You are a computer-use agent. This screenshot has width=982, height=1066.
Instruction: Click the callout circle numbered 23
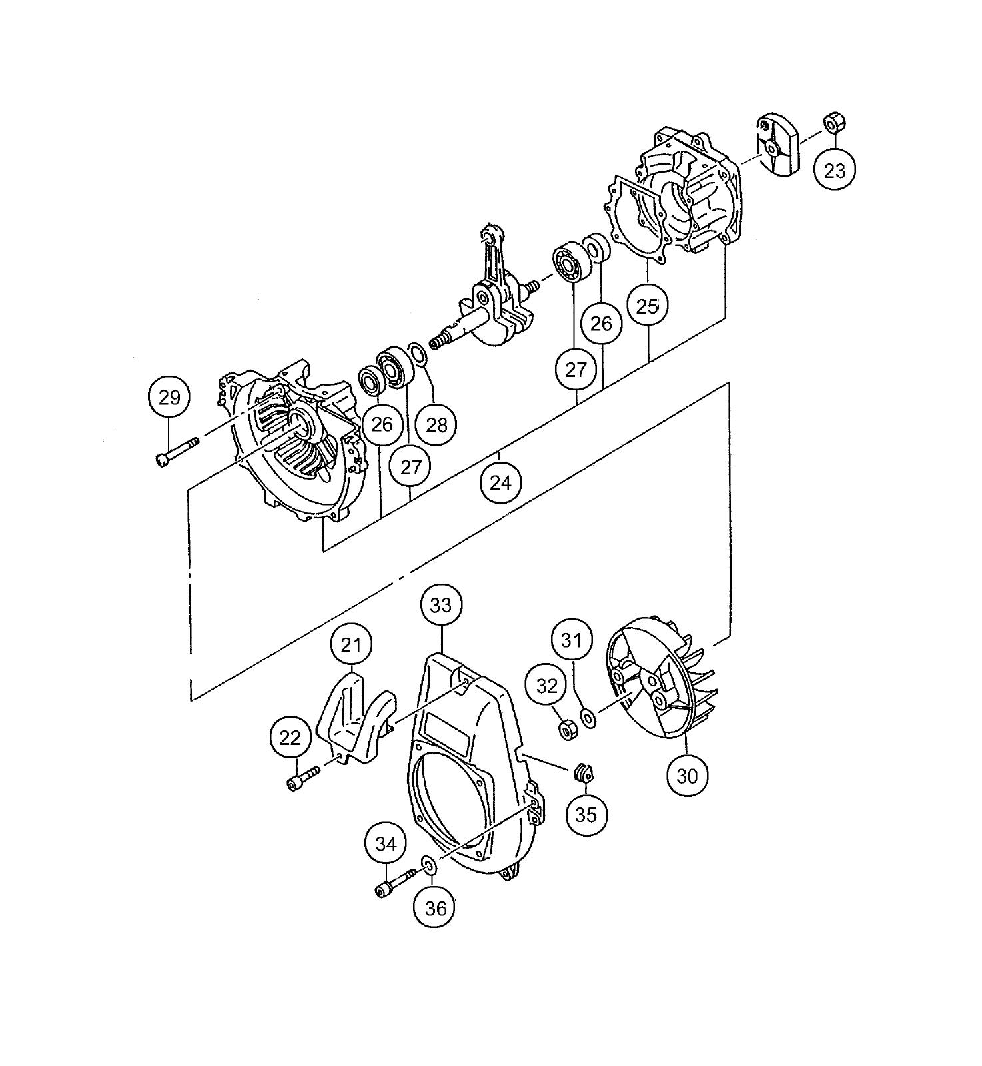[835, 171]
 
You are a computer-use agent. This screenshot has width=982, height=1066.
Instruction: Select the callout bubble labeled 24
[500, 482]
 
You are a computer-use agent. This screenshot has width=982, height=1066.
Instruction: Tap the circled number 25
[648, 307]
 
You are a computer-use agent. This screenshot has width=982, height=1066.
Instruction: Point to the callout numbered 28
[436, 424]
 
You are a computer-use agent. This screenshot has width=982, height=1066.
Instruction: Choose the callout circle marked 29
[169, 398]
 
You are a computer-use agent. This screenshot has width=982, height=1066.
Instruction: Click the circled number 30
[687, 776]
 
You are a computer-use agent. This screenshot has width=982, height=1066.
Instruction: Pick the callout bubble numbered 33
[441, 605]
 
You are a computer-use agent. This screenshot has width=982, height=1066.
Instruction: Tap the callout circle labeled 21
[352, 645]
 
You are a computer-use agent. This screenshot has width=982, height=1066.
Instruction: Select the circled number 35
[586, 814]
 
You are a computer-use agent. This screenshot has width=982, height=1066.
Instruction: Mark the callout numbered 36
[435, 908]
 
